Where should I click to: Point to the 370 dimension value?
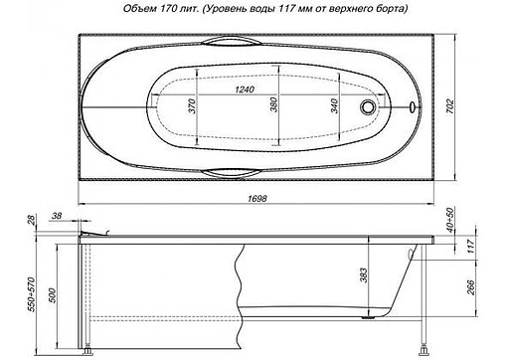click(x=191, y=108)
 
